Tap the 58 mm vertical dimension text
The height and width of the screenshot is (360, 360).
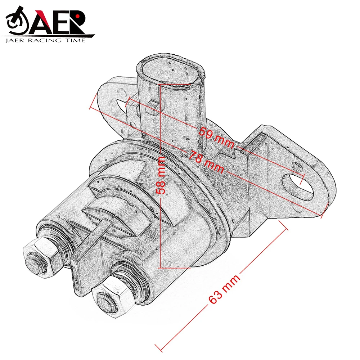point(162,175)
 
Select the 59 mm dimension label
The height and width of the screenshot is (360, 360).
point(216,137)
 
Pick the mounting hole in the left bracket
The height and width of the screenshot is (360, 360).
point(122,106)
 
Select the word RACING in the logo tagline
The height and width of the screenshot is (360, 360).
point(45,40)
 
